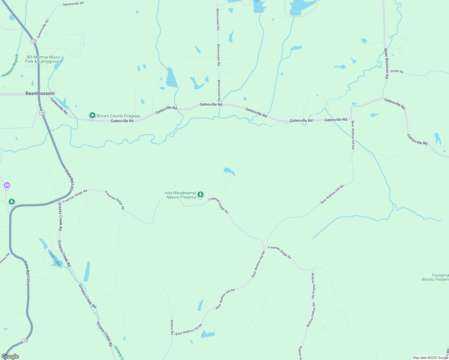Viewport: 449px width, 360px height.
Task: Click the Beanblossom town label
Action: coord(40,93)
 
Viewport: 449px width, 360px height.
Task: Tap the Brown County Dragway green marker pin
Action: coord(92,115)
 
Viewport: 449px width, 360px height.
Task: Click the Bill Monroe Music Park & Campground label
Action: coord(44,59)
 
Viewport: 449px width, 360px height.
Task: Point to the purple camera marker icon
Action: coord(7,185)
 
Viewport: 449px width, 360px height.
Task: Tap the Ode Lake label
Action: coord(55,259)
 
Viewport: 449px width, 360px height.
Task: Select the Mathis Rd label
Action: coord(172,327)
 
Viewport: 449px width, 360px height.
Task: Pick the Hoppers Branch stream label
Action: coord(11,66)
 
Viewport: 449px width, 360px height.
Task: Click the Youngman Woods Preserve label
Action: coord(435,277)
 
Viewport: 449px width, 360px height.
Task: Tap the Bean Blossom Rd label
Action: coord(387,63)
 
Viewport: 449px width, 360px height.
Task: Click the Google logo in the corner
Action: coord(10,356)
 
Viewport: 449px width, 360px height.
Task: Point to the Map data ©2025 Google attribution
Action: coord(430,358)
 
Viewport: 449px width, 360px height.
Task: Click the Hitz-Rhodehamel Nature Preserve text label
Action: coord(181,195)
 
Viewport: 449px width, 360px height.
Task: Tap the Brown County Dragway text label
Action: coord(119,116)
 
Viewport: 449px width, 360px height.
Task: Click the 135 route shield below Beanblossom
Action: coord(42,113)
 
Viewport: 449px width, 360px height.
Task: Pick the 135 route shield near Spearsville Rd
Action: coord(33,41)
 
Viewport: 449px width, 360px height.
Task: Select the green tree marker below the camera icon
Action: coord(12,202)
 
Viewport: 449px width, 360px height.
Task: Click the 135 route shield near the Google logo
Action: coord(25,340)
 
